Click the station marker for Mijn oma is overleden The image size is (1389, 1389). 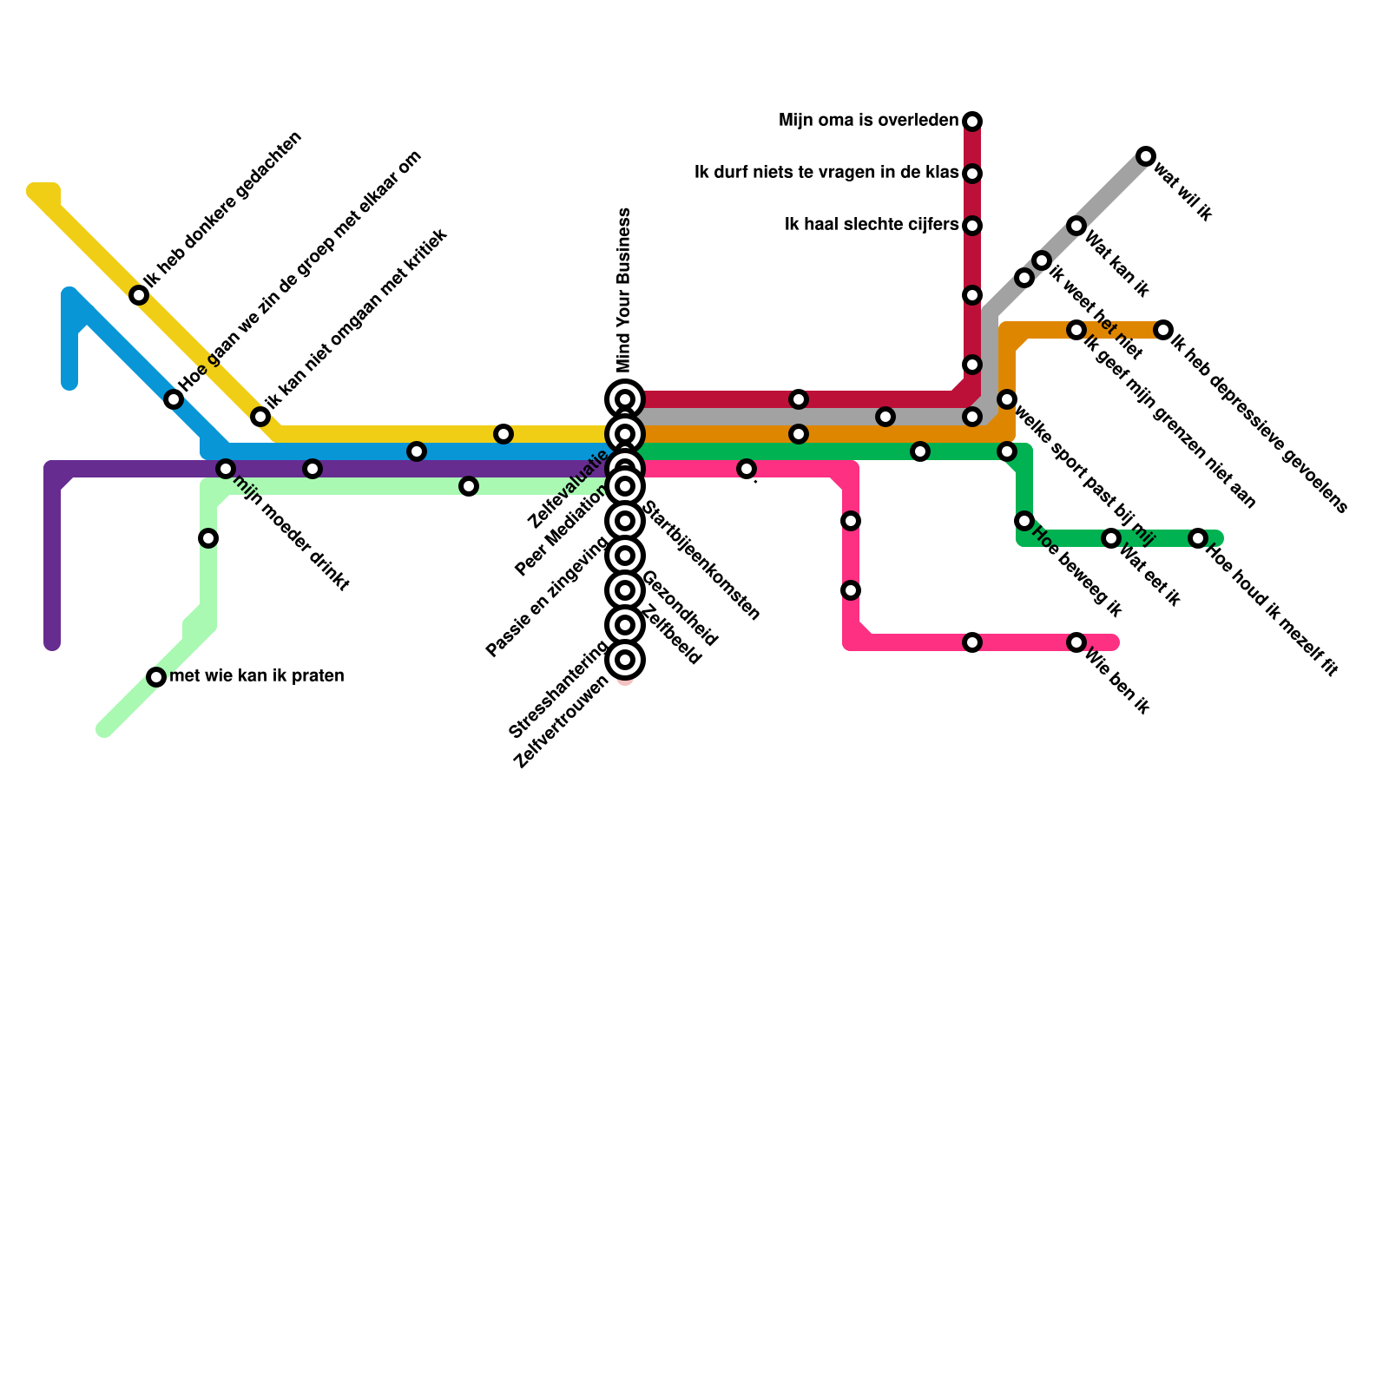pos(972,121)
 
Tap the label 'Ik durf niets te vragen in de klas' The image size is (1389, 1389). pos(826,173)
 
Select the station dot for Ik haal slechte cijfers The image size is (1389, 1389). pos(972,226)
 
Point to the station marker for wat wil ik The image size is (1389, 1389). pos(1146,156)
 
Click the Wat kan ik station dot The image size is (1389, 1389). pos(1076,226)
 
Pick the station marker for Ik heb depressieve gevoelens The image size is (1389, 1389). pos(1163,330)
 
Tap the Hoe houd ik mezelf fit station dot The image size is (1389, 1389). pos(1198,538)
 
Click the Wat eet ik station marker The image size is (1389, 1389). pos(1111,538)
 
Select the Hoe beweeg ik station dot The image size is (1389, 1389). pos(1024,521)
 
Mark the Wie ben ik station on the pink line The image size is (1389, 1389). pos(1076,642)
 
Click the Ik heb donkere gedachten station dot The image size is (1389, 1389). pos(139,295)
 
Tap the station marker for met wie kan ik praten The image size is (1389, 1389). pos(156,677)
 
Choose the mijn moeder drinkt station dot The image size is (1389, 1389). pos(226,469)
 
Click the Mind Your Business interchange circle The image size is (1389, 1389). pos(625,399)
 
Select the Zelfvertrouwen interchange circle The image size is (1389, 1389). pos(625,660)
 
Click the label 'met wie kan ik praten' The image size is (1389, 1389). pos(257,676)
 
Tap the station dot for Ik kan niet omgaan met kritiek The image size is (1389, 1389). pos(260,417)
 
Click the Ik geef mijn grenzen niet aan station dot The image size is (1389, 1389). pos(1076,330)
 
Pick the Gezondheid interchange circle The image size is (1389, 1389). pos(625,590)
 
